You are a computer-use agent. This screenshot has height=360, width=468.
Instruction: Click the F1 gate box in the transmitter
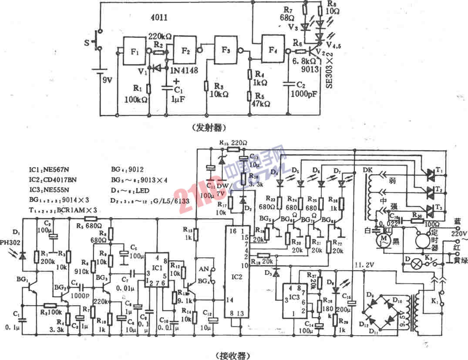tap(135, 49)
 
